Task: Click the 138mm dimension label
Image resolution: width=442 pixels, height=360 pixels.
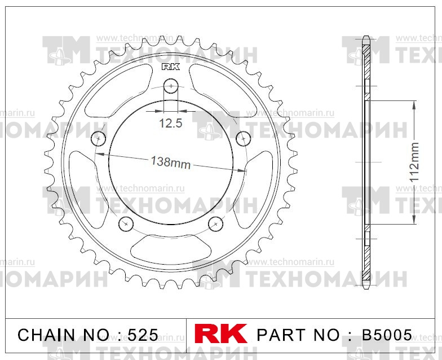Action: (x=171, y=162)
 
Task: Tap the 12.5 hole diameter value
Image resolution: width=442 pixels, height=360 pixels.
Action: (x=170, y=123)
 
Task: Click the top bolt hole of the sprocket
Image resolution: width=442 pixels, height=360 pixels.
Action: (x=171, y=86)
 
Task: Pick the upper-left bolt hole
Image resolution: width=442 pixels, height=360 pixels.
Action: (x=99, y=138)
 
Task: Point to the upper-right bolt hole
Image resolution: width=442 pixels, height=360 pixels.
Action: (x=243, y=138)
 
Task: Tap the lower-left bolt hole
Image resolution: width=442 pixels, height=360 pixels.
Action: (x=125, y=223)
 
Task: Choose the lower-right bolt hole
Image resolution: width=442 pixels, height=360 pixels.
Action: (x=216, y=223)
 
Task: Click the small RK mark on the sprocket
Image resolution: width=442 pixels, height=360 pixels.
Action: (x=170, y=67)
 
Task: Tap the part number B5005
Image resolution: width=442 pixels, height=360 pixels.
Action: (x=383, y=335)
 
